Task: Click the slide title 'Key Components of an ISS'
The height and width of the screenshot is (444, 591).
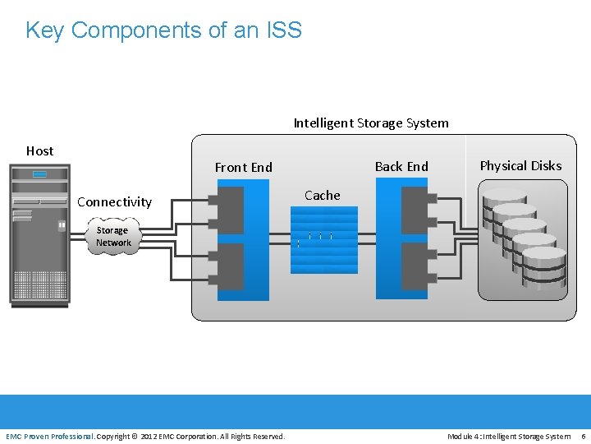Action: [163, 30]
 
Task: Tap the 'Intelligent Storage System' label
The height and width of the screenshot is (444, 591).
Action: [371, 123]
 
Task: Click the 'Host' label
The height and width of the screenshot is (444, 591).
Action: [39, 150]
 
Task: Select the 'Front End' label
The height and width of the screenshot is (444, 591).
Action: [243, 168]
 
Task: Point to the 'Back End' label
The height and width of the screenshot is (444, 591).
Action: [401, 166]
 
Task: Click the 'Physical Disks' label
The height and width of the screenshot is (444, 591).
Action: [520, 165]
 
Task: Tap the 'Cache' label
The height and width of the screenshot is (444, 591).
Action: [322, 195]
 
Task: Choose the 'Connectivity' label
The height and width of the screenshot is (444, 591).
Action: [114, 201]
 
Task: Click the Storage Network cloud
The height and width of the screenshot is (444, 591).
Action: [113, 237]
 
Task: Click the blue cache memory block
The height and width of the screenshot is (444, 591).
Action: [324, 239]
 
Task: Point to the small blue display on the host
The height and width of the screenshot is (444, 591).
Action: [39, 174]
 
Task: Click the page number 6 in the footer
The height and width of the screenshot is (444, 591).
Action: [583, 436]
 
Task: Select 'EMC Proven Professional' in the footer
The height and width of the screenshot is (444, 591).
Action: [49, 436]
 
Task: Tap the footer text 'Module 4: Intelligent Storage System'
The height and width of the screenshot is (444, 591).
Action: [509, 436]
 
